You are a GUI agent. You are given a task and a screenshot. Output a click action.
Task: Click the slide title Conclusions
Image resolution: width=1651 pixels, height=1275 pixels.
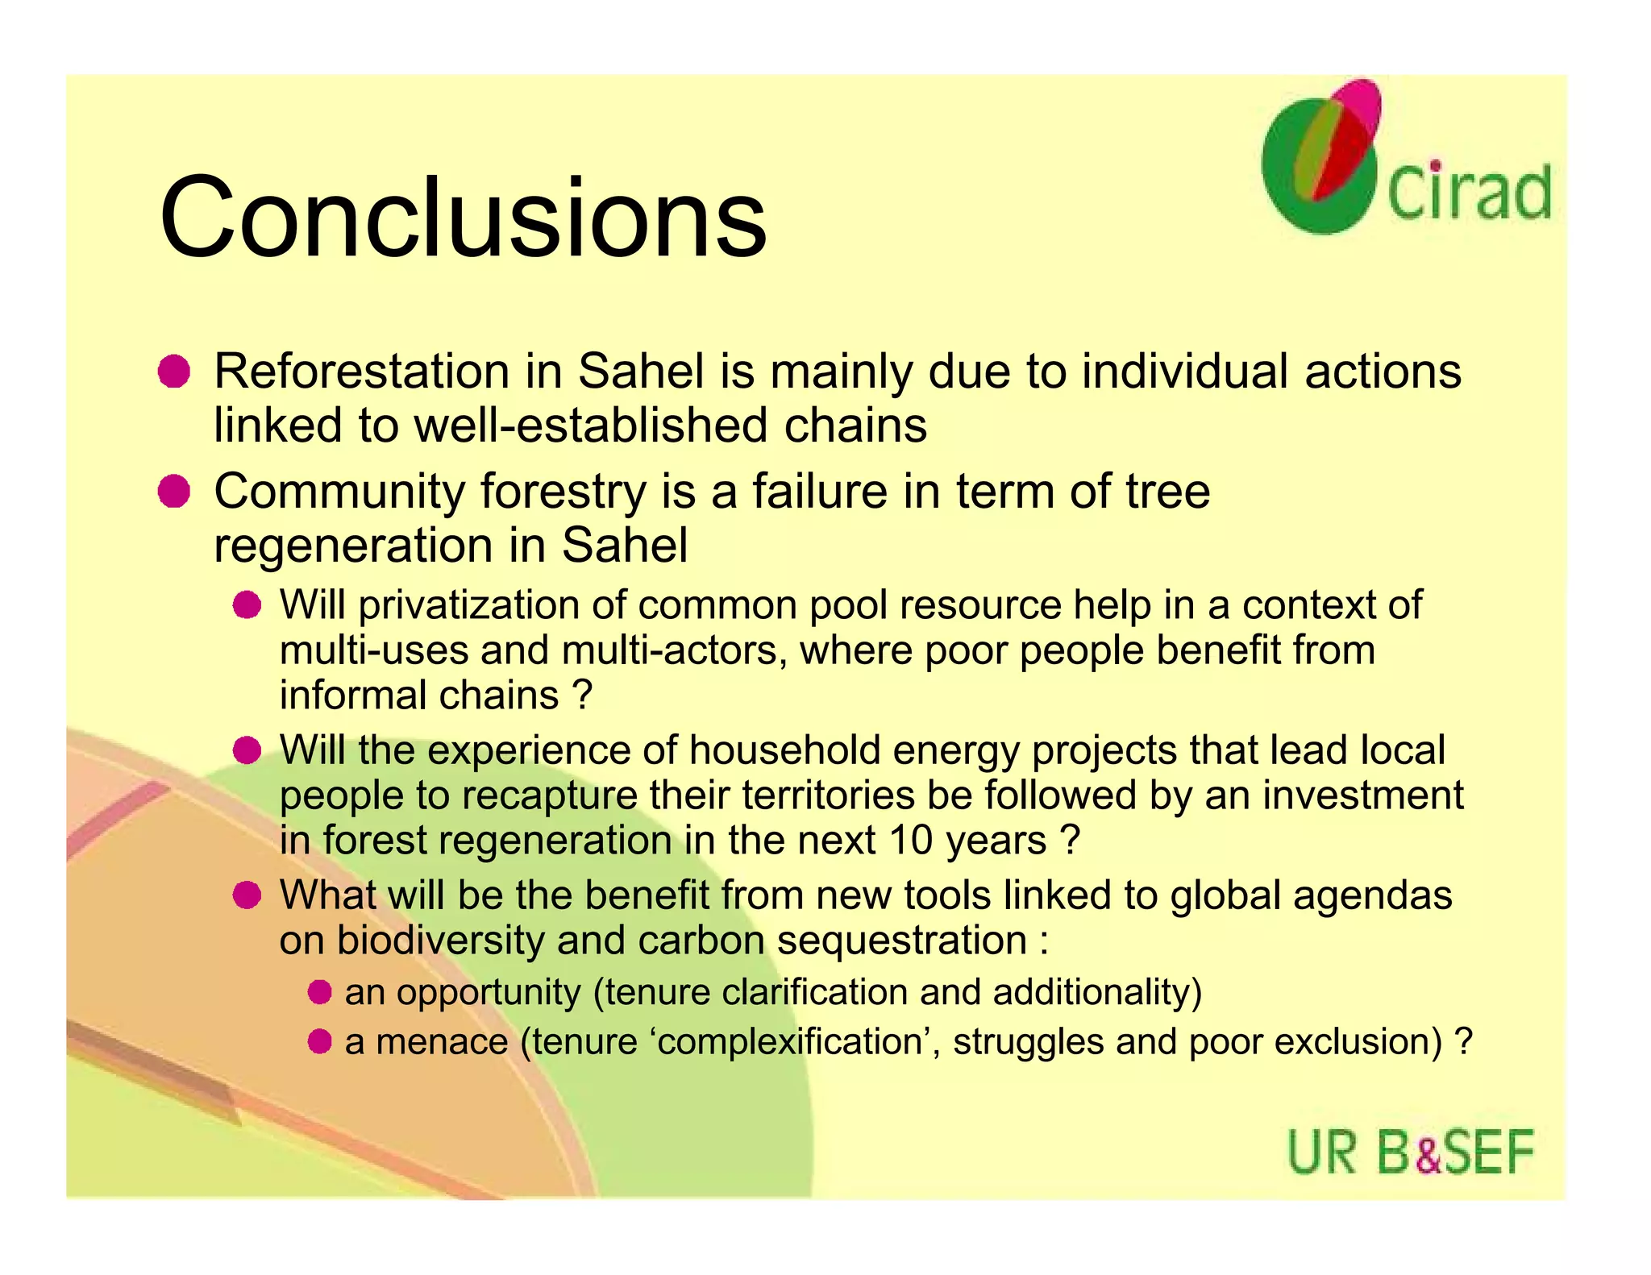pos(463,218)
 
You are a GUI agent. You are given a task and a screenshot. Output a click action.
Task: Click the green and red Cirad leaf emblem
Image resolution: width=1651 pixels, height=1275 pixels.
pos(1322,157)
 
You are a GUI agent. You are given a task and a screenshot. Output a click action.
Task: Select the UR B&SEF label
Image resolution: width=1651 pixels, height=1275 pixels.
pos(1410,1152)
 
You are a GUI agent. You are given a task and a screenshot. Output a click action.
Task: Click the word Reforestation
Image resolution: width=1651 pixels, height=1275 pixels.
pos(362,372)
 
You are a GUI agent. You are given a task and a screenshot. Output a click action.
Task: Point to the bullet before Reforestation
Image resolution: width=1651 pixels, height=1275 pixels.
pos(173,372)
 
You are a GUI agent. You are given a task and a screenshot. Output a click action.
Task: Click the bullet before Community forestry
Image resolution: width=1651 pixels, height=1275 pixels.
pos(173,492)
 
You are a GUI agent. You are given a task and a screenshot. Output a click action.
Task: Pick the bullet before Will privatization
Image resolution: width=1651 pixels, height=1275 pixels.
pos(247,604)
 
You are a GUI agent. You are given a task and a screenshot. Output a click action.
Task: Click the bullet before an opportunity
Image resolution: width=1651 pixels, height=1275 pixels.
pos(319,991)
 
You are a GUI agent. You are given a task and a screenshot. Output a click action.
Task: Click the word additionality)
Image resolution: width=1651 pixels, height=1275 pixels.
pos(1097,991)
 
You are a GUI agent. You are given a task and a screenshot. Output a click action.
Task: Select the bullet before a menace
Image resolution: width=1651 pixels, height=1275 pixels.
pos(319,1041)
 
